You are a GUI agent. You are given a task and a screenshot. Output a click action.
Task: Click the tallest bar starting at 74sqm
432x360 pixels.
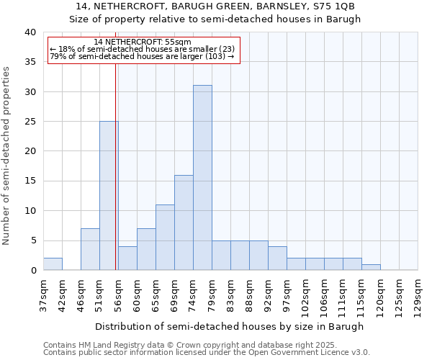click(202, 178)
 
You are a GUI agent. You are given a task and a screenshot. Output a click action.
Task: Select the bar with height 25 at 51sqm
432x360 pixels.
click(109, 196)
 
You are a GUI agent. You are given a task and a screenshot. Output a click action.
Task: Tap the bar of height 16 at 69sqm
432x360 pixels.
click(184, 222)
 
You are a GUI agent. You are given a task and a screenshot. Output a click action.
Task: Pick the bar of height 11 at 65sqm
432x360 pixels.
click(165, 238)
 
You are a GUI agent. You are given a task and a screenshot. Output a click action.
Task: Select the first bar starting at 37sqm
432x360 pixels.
click(53, 264)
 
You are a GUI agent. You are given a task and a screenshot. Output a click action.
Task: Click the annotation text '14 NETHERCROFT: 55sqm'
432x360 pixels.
click(143, 42)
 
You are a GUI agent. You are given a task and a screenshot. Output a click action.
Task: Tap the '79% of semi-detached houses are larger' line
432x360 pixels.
click(143, 56)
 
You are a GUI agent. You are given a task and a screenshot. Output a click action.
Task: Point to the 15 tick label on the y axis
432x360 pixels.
click(30, 181)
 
